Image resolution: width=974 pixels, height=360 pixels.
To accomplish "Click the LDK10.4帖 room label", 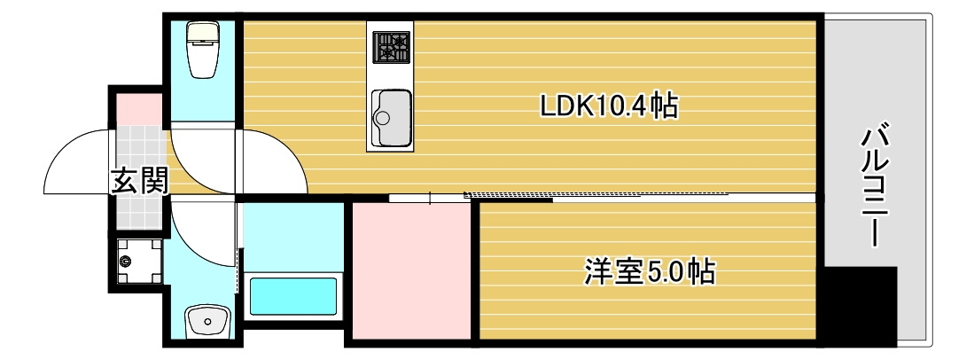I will point(609,107).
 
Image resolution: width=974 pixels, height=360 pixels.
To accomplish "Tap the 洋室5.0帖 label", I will point(650,270).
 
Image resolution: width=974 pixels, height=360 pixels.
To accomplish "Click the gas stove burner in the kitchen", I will point(391,46).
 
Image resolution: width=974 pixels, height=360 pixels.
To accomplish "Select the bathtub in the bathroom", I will point(292,295).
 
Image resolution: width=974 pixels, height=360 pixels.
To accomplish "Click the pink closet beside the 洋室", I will point(411,270).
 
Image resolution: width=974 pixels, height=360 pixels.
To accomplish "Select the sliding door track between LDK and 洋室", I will point(603,194).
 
